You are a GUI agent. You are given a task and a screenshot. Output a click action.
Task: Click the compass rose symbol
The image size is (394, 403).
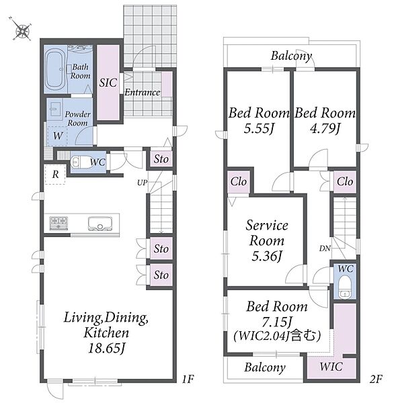[22, 30]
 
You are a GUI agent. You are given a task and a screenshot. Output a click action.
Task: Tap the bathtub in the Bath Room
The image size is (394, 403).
[55, 70]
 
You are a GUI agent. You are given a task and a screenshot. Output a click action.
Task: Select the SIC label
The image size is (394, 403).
[108, 83]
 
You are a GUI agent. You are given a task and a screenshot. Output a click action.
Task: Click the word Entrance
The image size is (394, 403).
[143, 92]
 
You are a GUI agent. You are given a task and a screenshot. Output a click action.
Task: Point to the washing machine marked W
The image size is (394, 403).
[57, 136]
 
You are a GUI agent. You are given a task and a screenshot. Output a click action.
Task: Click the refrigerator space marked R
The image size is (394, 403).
[55, 175]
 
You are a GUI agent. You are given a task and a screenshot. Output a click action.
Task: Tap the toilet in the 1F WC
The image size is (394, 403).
[81, 162]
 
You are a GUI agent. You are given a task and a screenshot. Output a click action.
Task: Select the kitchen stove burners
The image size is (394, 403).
[58, 223]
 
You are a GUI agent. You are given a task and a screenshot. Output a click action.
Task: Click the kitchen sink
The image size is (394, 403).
[100, 224]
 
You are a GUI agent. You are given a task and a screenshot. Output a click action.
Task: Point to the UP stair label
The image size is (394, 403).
[142, 183]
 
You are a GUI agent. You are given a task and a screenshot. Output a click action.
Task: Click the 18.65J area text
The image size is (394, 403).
[106, 349]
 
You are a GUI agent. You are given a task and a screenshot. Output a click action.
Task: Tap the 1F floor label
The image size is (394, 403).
[188, 379]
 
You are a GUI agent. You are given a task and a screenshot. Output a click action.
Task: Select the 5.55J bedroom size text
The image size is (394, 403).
[258, 128]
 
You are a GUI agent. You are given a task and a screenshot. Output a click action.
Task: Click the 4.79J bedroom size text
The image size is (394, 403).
[325, 128]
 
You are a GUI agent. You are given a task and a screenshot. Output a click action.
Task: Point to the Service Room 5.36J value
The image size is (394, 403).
[267, 256]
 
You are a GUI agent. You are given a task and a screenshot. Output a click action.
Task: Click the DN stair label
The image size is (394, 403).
[325, 249]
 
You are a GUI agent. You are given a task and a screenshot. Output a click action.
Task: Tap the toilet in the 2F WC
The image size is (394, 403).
[344, 287]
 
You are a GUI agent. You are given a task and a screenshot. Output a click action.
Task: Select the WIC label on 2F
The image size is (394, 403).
[331, 367]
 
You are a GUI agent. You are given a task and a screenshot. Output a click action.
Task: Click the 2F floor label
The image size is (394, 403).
[377, 379]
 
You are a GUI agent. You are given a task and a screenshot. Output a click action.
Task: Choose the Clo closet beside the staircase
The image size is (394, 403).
[345, 182]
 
